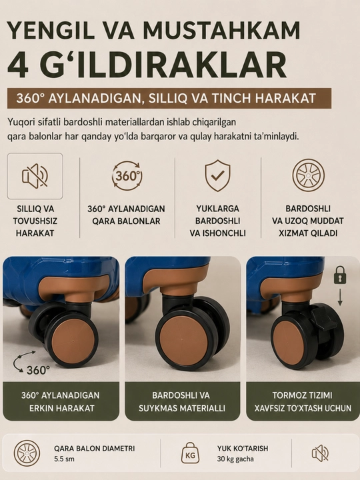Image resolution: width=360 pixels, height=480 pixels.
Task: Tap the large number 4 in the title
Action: tap(18, 65)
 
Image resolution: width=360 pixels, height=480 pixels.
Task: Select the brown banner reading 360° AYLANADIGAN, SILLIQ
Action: tap(169, 98)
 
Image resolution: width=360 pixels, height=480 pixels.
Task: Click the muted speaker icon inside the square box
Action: tap(35, 176)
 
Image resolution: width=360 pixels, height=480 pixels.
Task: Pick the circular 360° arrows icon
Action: tap(127, 176)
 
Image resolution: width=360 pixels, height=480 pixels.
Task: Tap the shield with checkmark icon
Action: tap(217, 175)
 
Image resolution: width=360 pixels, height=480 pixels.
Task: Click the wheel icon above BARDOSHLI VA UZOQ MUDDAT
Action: tap(308, 175)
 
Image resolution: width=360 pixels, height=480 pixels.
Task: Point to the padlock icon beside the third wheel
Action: tap(340, 275)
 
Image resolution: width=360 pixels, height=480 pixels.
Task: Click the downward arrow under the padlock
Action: tap(340, 297)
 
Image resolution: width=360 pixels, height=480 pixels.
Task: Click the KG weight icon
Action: tap(190, 453)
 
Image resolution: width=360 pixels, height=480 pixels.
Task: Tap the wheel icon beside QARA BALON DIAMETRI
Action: tap(27, 453)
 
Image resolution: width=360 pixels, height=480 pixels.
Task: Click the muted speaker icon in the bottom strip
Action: tap(320, 453)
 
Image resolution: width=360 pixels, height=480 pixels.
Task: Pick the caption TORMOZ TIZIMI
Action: tap(302, 395)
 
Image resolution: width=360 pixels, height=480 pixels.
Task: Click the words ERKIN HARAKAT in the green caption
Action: tap(62, 408)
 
